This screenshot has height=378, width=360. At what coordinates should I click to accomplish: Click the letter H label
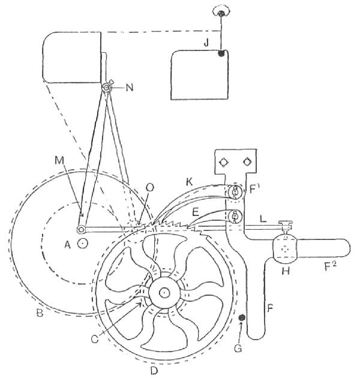click(286, 271)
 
